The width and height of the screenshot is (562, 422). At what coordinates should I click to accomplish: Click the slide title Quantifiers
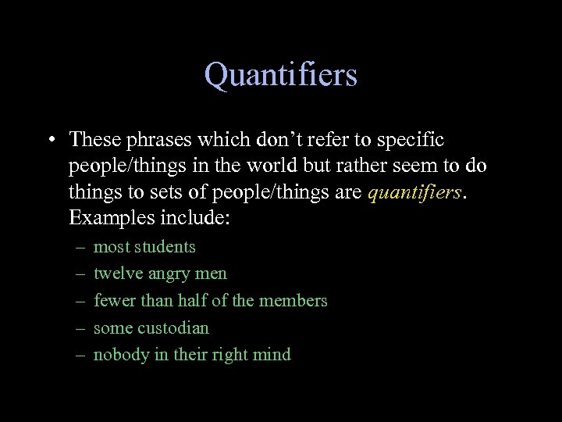(x=281, y=76)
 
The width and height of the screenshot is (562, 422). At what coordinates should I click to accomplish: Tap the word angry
(x=172, y=274)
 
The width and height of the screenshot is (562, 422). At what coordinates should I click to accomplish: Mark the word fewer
(x=112, y=300)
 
